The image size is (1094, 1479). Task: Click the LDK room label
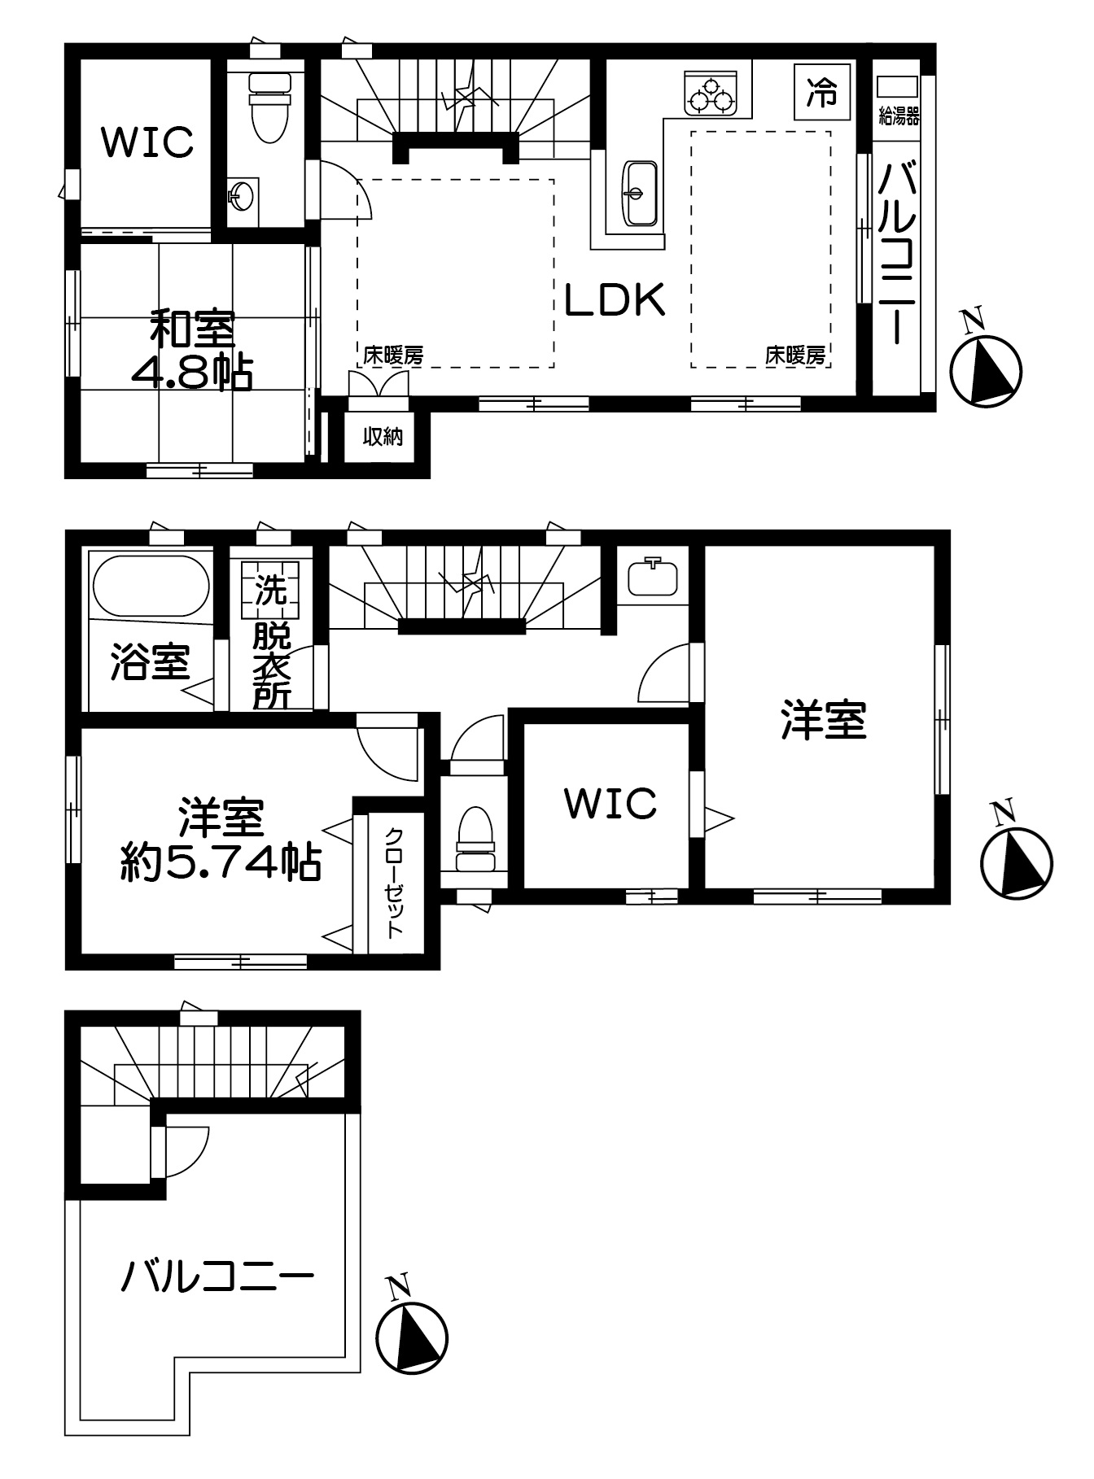(616, 300)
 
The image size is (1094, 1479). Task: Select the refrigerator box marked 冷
(821, 92)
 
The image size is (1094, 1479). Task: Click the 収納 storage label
(383, 437)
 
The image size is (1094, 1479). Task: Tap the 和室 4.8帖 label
(192, 351)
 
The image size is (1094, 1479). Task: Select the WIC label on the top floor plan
(147, 142)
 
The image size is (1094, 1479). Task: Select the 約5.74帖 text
(221, 862)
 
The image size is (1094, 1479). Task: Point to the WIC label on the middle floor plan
(610, 804)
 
